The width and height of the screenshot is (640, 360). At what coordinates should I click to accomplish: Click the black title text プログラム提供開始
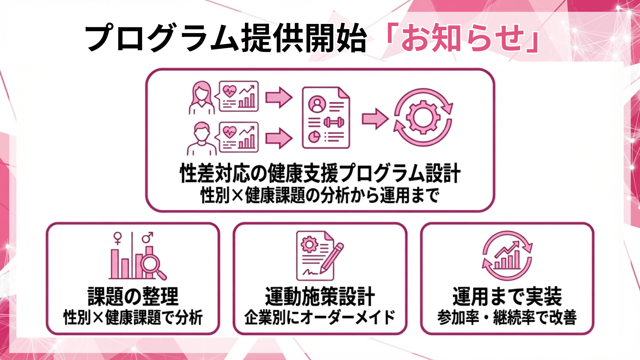coord(226,38)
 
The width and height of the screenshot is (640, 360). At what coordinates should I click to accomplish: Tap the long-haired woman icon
coord(201,98)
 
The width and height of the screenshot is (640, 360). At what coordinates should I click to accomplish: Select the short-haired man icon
coord(201,138)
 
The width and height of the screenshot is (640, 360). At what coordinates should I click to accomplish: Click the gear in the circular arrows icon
coord(423,117)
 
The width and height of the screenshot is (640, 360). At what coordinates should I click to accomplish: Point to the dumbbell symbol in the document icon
coord(334,122)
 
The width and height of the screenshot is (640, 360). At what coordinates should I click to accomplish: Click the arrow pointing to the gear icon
coord(375,118)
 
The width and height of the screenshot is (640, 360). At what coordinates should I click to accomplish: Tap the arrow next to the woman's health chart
coord(279,97)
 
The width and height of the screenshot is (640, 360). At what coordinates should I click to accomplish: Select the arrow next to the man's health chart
coord(279,138)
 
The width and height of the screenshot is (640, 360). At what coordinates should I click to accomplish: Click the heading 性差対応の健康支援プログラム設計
coord(320,173)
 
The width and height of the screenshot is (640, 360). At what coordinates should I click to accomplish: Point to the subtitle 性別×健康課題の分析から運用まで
coord(320,195)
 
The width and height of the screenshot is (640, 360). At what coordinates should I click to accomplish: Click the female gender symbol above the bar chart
coord(118,238)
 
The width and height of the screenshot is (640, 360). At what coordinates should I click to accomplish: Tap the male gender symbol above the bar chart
coord(147,237)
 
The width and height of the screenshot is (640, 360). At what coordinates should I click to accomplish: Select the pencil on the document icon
coord(332,258)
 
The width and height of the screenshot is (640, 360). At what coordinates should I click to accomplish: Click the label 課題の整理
coord(133,296)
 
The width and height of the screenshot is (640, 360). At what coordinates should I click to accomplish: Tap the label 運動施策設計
coord(320,296)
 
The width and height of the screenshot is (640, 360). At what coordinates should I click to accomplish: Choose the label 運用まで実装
coord(507,296)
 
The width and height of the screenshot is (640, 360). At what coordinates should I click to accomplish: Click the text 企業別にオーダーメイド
coord(320,317)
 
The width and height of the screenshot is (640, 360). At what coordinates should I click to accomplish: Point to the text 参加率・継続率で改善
coord(507,317)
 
